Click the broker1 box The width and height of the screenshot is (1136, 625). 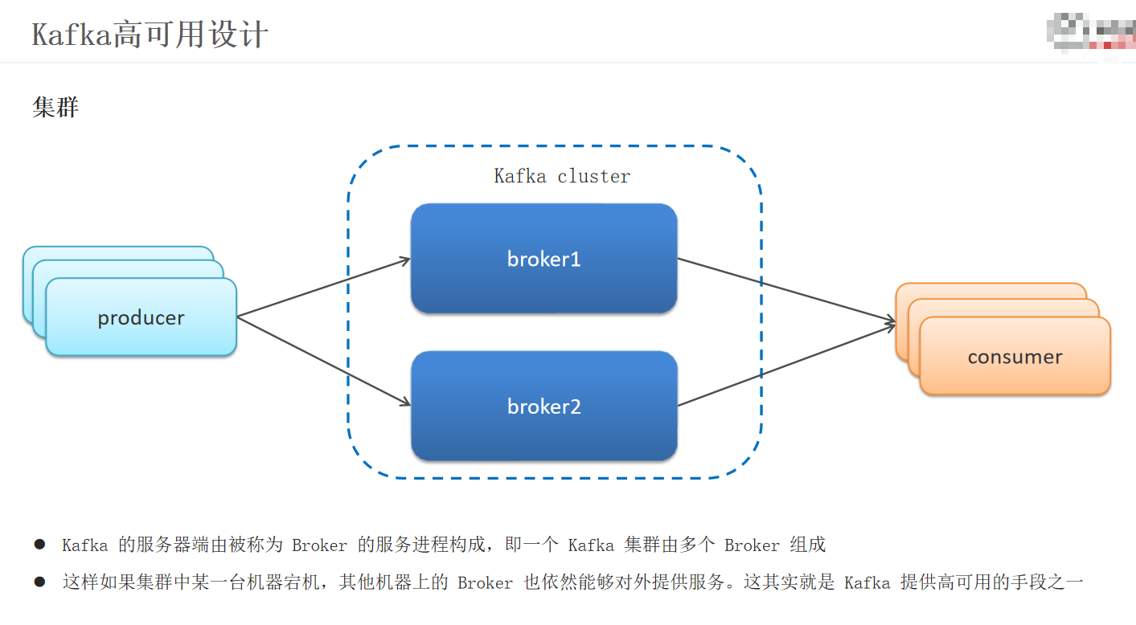tap(543, 259)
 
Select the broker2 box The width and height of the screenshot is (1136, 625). tap(543, 406)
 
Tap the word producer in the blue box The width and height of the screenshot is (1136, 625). tap(141, 318)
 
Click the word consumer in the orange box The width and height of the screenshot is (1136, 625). tap(1015, 357)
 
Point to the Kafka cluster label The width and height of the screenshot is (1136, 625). tap(562, 176)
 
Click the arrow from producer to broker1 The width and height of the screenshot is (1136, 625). tap(322, 288)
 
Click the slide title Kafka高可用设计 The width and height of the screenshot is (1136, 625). tap(150, 35)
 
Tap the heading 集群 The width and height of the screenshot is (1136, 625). tap(55, 107)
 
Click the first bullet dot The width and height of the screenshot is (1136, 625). tap(39, 545)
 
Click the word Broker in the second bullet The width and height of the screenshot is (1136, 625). tap(485, 583)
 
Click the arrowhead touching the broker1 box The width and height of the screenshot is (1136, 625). tap(404, 260)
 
